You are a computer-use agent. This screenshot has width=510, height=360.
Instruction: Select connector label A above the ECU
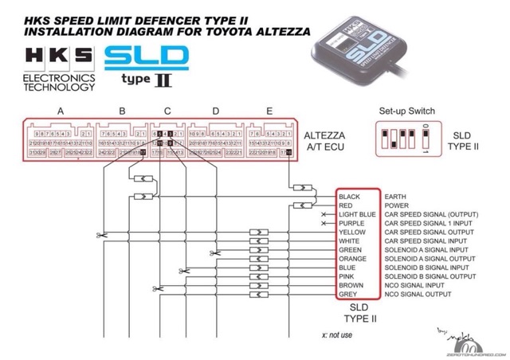point(61,111)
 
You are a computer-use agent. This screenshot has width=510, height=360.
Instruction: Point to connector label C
point(167,111)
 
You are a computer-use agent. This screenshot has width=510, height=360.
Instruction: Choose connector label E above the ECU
point(269,111)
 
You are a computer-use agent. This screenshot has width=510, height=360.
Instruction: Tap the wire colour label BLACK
point(349,196)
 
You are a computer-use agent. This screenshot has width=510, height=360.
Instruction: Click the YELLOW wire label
point(351,233)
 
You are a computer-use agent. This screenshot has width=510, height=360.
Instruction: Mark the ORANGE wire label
point(352,259)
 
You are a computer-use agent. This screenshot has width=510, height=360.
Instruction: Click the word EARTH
point(395,196)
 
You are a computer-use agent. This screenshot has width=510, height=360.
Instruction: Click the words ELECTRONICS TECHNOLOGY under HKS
point(60,82)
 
